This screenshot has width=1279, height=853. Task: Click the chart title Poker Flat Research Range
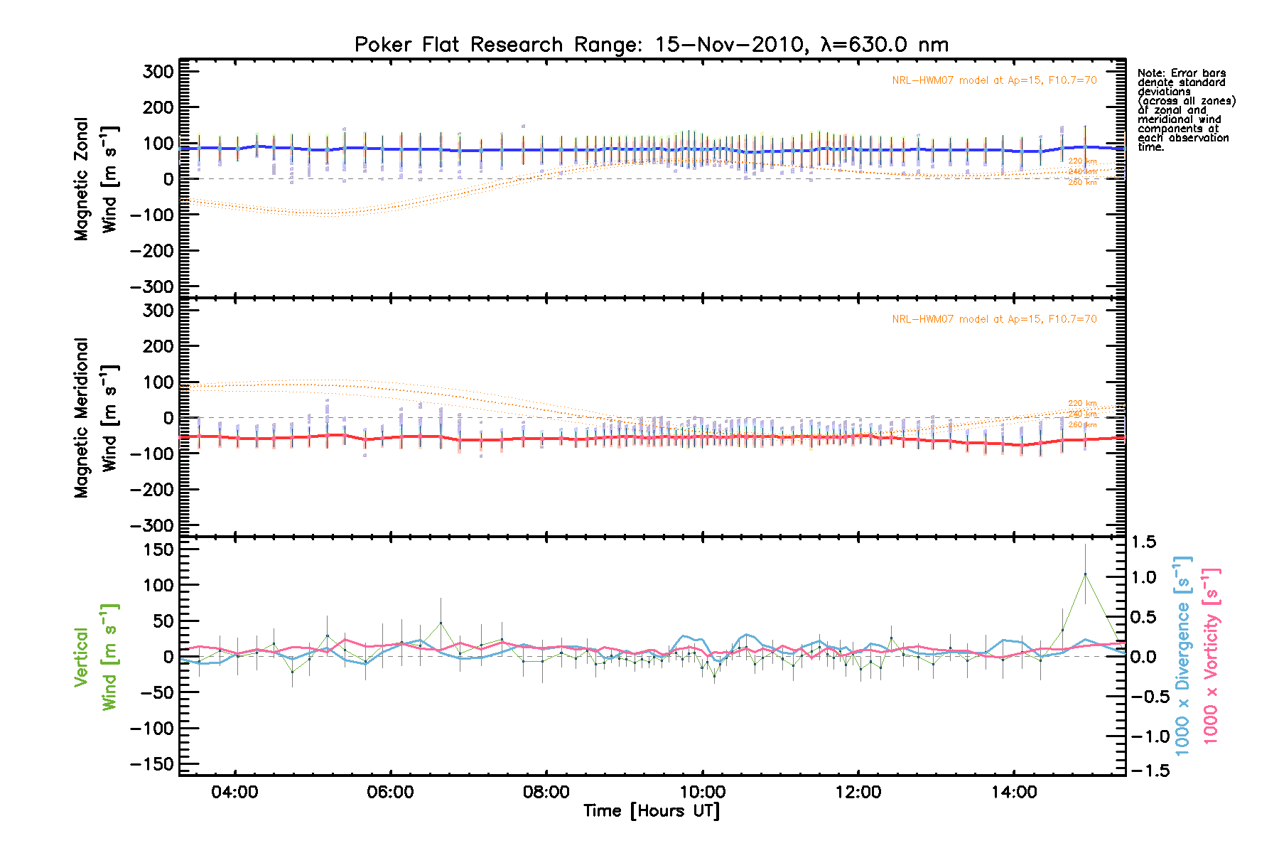click(x=651, y=45)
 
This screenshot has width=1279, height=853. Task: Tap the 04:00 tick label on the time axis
click(x=234, y=792)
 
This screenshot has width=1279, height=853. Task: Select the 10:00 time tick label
click(x=702, y=792)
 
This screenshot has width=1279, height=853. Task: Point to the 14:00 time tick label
click(x=1014, y=792)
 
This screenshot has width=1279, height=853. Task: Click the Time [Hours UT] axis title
click(x=651, y=811)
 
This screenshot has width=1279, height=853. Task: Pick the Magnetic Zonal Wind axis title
click(x=95, y=179)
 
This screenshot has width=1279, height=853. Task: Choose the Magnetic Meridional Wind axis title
click(x=95, y=418)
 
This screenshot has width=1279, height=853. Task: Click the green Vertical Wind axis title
click(x=95, y=657)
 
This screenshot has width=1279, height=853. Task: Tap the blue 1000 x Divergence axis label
click(x=1182, y=655)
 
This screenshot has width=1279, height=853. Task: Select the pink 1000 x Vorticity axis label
click(x=1211, y=655)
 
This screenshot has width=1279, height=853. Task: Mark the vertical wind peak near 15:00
click(x=1085, y=574)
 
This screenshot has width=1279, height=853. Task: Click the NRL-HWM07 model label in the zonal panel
click(x=994, y=80)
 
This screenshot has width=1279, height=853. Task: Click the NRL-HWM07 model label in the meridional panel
click(x=994, y=319)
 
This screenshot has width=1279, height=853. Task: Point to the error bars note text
click(x=1185, y=109)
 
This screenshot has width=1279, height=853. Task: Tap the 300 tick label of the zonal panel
click(x=158, y=71)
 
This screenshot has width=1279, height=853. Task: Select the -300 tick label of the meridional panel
click(x=152, y=525)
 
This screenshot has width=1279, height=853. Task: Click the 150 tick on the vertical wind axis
click(x=158, y=549)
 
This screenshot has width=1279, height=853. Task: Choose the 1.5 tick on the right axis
click(x=1143, y=542)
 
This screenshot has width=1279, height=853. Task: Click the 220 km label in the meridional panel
click(x=1082, y=404)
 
